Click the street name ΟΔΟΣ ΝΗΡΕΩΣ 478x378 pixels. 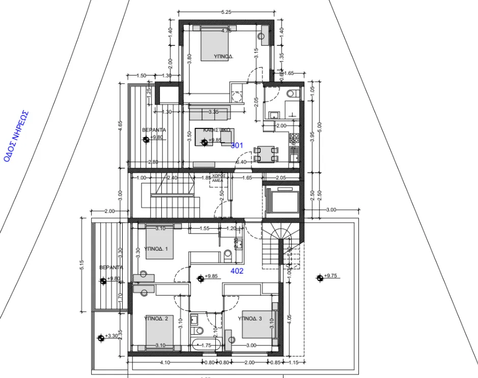(x=16, y=137)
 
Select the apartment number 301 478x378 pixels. (x=237, y=146)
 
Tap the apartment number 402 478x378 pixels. (x=237, y=271)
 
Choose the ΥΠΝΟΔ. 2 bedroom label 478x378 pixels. (x=156, y=318)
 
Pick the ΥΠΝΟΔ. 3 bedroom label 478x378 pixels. (x=249, y=318)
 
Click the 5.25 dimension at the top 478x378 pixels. (x=227, y=12)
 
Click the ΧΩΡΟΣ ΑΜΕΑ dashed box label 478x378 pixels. (x=217, y=178)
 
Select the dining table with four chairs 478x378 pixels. (x=266, y=154)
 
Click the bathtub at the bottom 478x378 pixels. (x=206, y=344)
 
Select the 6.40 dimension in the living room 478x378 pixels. (x=241, y=163)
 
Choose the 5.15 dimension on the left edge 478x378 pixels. (x=81, y=266)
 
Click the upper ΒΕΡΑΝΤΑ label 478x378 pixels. (x=154, y=130)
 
